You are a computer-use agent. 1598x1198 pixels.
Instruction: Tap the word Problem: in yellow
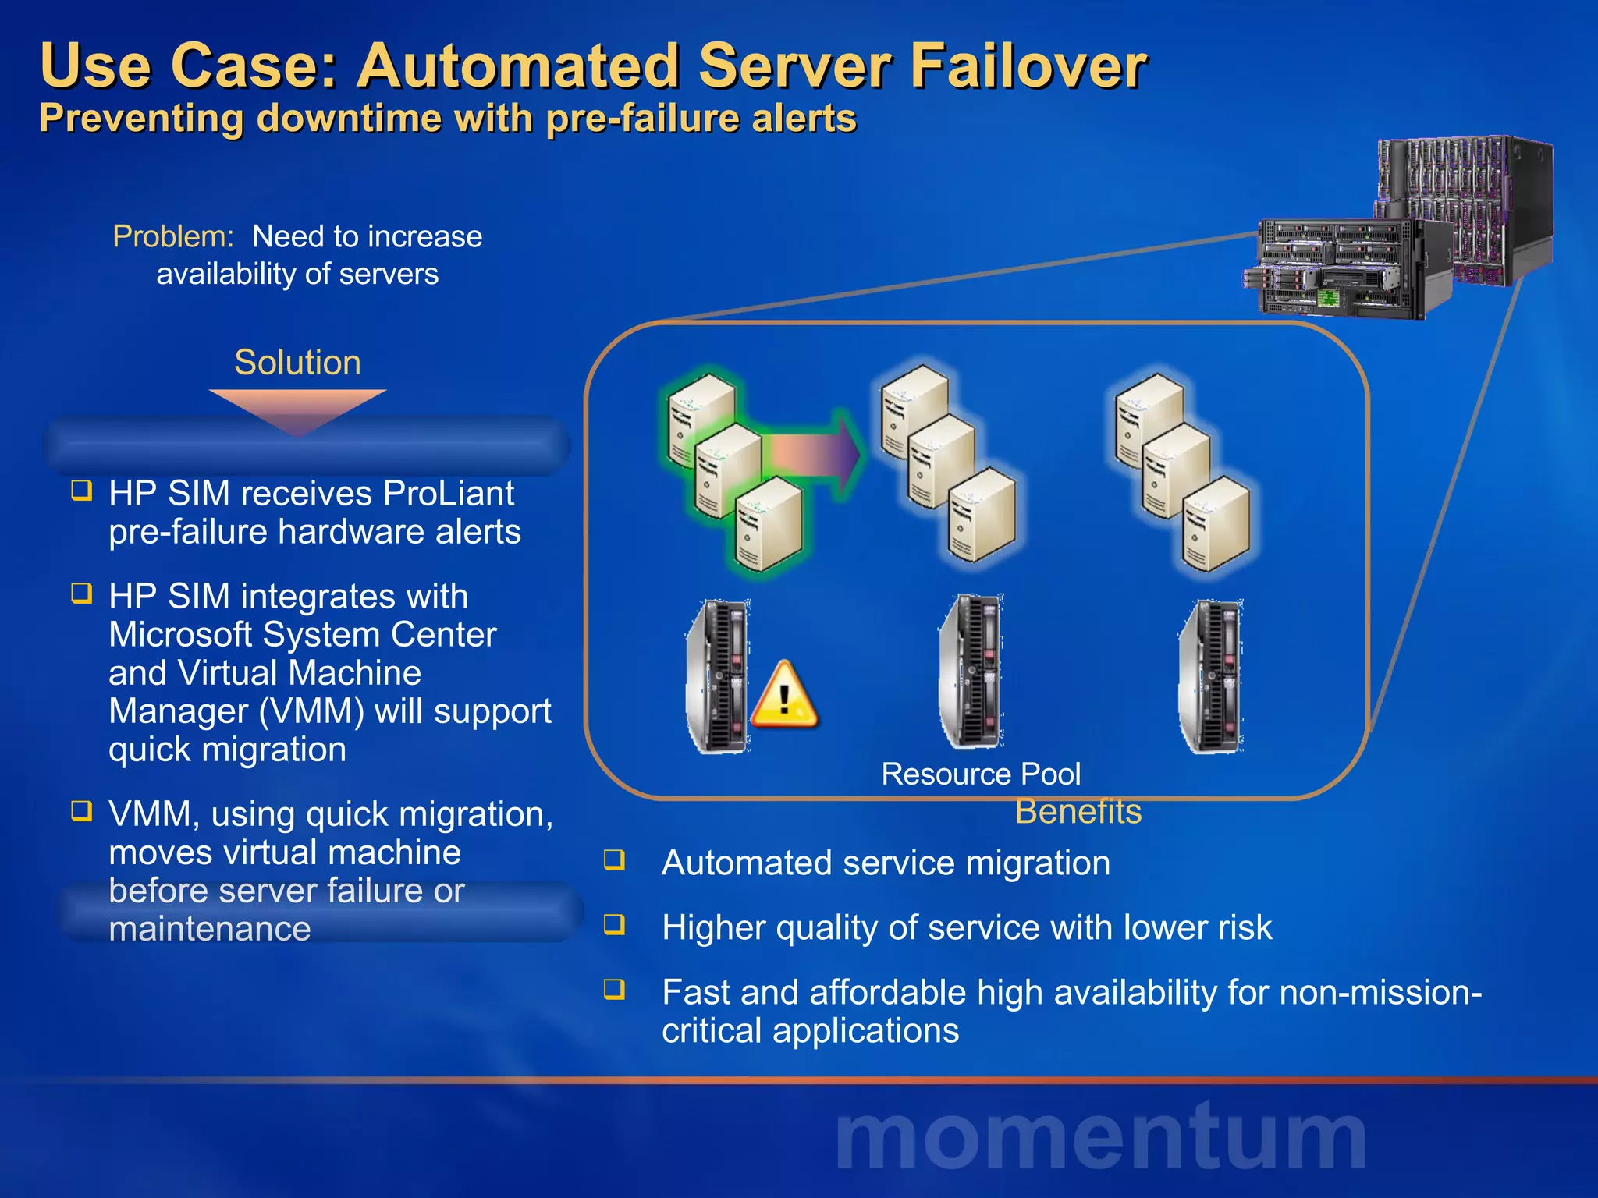pyautogui.click(x=173, y=236)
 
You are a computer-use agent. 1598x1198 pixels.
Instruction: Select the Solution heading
pyautogui.click(x=297, y=363)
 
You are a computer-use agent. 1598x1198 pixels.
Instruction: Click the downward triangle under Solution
pyautogui.click(x=297, y=409)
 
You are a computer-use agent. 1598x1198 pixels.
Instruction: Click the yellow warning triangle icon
pyautogui.click(x=784, y=696)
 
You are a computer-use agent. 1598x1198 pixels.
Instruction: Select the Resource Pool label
pyautogui.click(x=980, y=774)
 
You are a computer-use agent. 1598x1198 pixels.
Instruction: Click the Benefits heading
pyautogui.click(x=1078, y=812)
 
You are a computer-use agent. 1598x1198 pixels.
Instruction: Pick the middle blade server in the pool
pyautogui.click(x=971, y=671)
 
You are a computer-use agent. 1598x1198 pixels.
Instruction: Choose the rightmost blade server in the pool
pyautogui.click(x=1211, y=675)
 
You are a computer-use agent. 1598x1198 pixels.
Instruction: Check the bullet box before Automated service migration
pyautogui.click(x=615, y=860)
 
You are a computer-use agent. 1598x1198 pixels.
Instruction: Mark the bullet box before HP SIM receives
pyautogui.click(x=82, y=491)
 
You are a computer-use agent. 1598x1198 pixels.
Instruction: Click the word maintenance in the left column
pyautogui.click(x=209, y=929)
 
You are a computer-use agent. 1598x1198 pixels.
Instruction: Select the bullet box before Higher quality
pyautogui.click(x=615, y=925)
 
